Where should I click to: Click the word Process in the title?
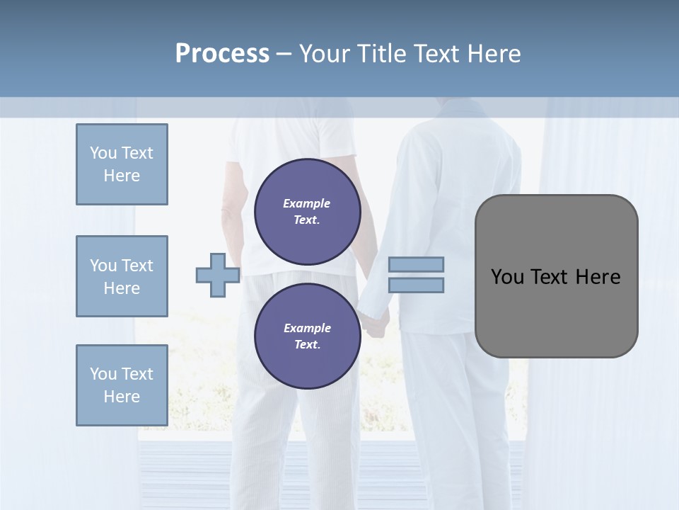click(x=222, y=54)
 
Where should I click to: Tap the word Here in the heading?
click(x=494, y=54)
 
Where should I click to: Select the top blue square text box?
click(x=122, y=164)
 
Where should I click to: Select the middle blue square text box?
click(x=122, y=276)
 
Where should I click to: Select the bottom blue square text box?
click(x=122, y=385)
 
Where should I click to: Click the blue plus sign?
click(x=217, y=275)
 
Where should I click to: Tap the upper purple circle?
click(x=308, y=212)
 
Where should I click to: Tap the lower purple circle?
click(x=308, y=336)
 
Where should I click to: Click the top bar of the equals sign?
click(x=416, y=264)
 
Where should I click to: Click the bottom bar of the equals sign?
click(x=416, y=285)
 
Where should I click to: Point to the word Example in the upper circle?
click(x=307, y=203)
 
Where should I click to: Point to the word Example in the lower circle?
click(x=307, y=328)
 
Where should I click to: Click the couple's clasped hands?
click(x=373, y=322)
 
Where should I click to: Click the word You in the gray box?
click(x=506, y=277)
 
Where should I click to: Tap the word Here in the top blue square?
click(x=122, y=176)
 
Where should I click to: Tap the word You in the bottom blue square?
click(x=103, y=374)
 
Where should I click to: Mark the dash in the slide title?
click(x=284, y=54)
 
